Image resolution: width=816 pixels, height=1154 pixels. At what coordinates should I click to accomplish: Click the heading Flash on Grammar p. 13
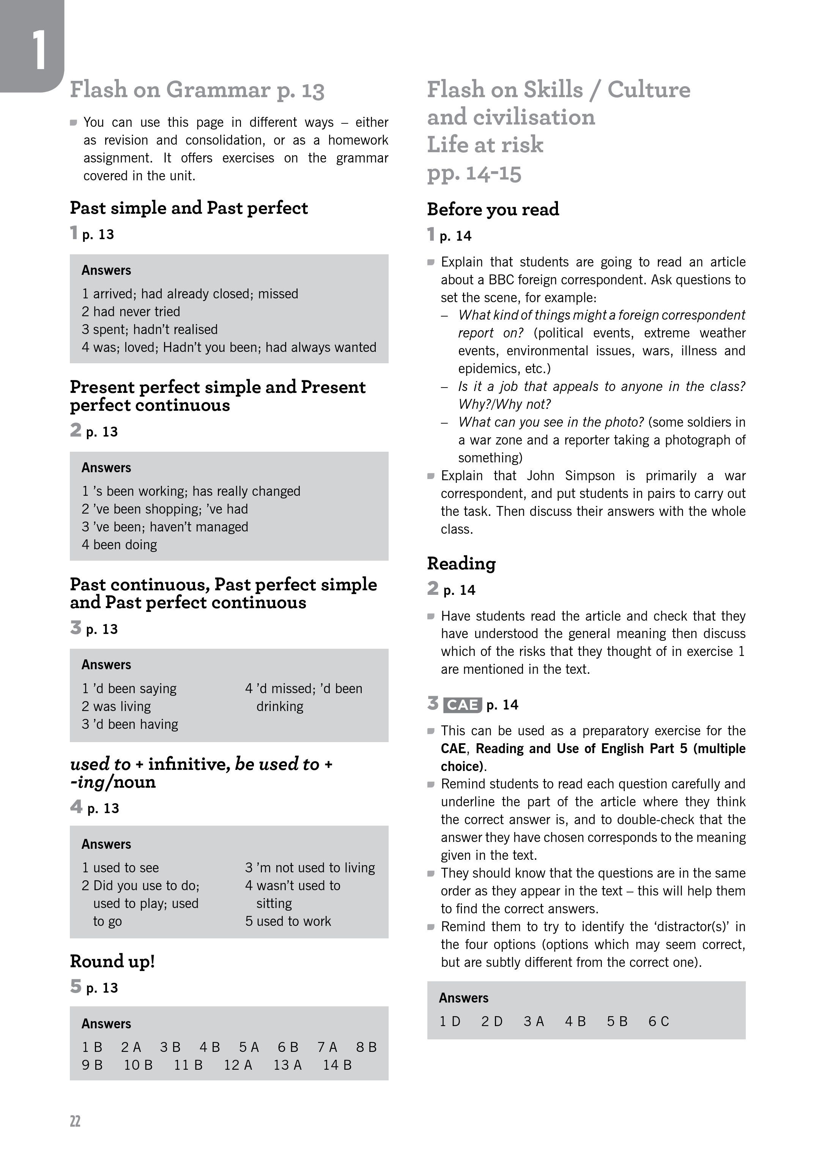pyautogui.click(x=197, y=90)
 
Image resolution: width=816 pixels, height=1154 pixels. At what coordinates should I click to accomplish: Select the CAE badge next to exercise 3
pyautogui.click(x=462, y=705)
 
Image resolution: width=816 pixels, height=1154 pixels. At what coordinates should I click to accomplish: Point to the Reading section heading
pyautogui.click(x=461, y=563)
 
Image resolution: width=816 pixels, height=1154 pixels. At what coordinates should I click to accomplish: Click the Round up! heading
pyautogui.click(x=112, y=961)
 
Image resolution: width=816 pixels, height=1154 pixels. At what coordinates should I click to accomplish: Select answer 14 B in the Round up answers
pyautogui.click(x=337, y=1065)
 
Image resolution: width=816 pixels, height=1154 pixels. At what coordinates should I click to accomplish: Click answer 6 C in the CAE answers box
pyautogui.click(x=658, y=1021)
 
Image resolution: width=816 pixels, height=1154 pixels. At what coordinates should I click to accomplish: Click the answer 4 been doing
pyautogui.click(x=119, y=545)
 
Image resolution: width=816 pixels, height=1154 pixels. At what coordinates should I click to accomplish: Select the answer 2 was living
pyautogui.click(x=116, y=706)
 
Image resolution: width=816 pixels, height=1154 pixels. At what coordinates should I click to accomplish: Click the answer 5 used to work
pyautogui.click(x=288, y=921)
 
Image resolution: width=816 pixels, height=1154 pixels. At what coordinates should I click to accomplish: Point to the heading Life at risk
pyautogui.click(x=485, y=145)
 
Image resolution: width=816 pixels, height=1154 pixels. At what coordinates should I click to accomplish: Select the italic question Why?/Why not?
pyautogui.click(x=504, y=404)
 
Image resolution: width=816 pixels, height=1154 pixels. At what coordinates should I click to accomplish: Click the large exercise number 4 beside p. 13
pyautogui.click(x=76, y=807)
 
